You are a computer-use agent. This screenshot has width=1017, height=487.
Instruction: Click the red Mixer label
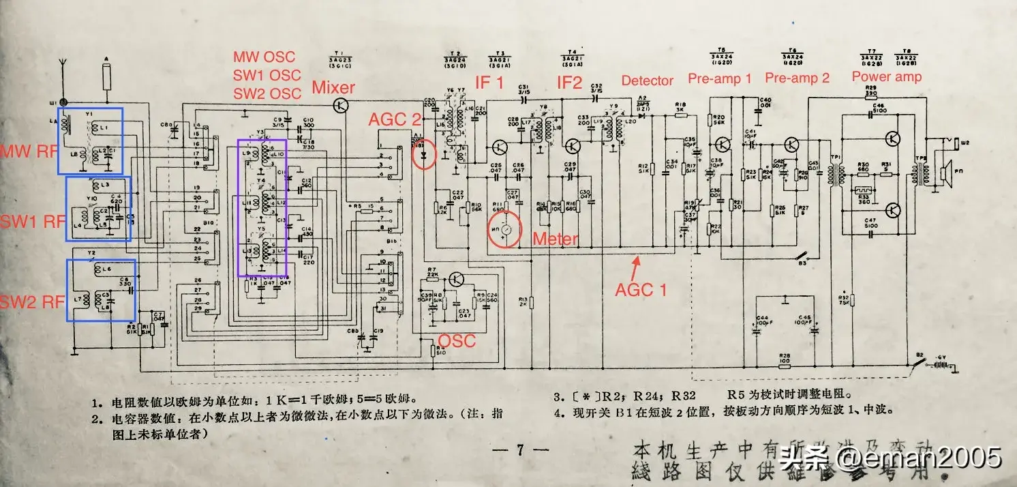333,87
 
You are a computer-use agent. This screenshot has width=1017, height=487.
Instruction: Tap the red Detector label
647,80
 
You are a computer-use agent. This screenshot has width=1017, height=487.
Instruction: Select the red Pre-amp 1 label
719,78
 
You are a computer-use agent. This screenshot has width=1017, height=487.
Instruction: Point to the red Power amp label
886,76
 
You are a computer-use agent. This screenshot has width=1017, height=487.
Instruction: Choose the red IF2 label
571,83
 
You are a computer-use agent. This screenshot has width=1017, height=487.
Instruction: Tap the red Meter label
555,238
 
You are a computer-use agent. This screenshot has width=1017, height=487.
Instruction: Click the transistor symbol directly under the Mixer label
342,105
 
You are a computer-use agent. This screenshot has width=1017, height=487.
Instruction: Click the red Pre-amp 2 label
797,78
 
